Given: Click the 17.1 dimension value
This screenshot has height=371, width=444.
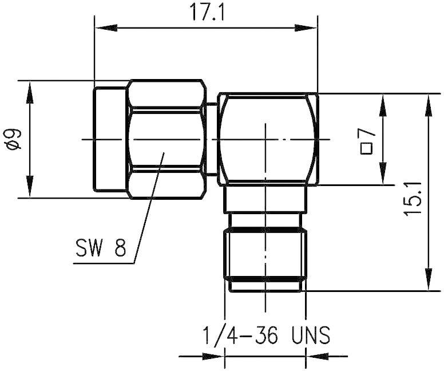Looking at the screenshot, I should [205, 13].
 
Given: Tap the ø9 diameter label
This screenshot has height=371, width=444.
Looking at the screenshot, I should [13, 139].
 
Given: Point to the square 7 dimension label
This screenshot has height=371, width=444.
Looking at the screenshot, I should [367, 141].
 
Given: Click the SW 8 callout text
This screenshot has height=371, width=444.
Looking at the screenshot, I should [101, 248].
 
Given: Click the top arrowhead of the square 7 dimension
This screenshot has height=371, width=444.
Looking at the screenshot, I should [380, 101].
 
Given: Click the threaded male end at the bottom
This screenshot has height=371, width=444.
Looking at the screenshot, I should [265, 258].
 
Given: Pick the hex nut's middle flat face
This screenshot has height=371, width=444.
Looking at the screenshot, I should [166, 139].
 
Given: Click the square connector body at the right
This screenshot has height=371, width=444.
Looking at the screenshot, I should [268, 139].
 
